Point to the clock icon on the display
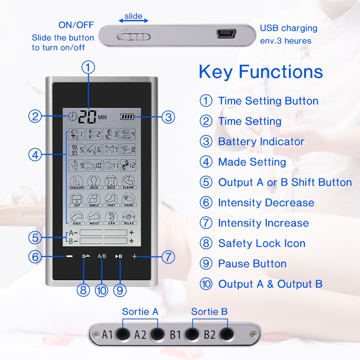pos(72,116)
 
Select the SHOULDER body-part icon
pos(77,182)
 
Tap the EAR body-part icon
pos(111,218)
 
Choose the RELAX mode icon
pos(129,218)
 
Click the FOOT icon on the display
pos(111,200)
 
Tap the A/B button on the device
pos(102,256)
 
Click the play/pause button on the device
pos(118,256)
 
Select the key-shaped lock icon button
pos(86,256)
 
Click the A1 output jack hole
pos(123,334)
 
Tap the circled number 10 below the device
pos(102,290)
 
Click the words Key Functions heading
pos(261,71)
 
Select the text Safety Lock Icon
pos(262,243)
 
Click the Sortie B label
pos(209,311)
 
